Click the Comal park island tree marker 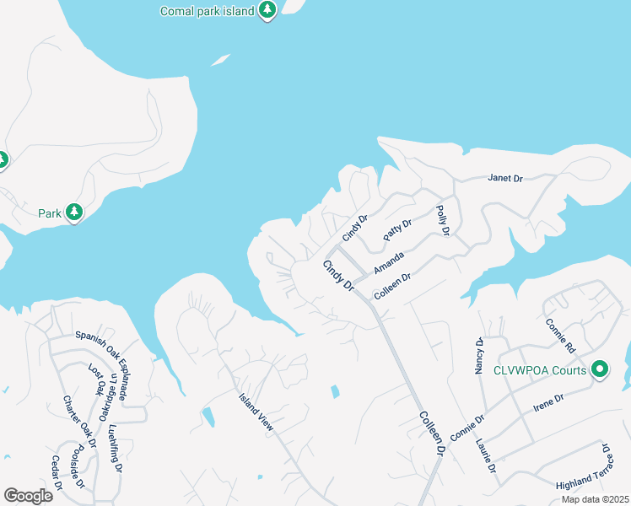point(267,10)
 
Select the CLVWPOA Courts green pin point(600,369)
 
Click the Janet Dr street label point(505,178)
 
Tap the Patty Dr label point(396,230)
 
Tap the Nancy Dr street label point(478,356)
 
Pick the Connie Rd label point(560,336)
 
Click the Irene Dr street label point(548,401)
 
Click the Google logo point(29,495)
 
